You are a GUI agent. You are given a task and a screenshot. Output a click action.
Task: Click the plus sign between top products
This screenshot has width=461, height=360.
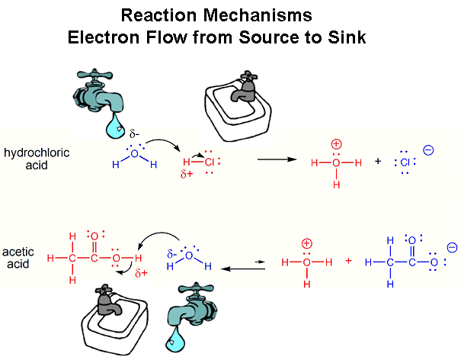378,162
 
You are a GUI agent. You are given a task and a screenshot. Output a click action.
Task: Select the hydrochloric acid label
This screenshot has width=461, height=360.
35,158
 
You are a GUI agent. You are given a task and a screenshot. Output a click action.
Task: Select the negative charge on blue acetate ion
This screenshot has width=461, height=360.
452,248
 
